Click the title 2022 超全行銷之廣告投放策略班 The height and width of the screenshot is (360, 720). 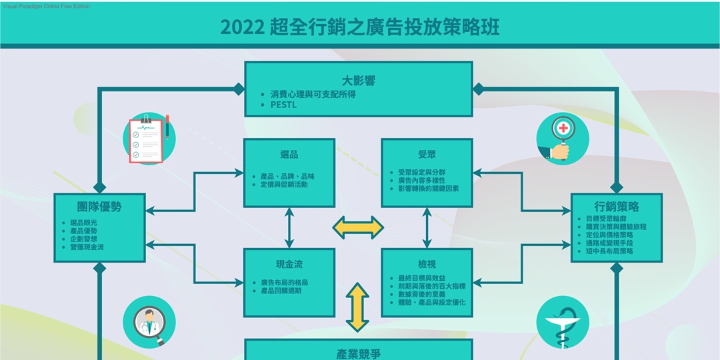(359, 27)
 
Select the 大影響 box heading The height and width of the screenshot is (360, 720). (359, 81)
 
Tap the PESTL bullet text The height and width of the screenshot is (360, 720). (283, 105)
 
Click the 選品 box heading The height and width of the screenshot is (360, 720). (289, 154)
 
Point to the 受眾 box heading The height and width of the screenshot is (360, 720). (427, 154)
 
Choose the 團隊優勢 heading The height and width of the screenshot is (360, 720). (99, 207)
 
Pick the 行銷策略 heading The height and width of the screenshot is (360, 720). (616, 207)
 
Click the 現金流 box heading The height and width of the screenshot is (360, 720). (289, 265)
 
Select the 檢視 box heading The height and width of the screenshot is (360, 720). (427, 265)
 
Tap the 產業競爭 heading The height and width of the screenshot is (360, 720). (359, 354)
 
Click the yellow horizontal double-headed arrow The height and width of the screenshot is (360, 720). (358, 227)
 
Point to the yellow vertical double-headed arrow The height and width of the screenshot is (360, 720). (358, 307)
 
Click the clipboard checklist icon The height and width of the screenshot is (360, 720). (149, 139)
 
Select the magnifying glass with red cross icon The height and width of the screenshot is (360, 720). (563, 139)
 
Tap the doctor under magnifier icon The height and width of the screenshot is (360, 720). (149, 322)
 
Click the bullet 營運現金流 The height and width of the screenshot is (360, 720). (87, 247)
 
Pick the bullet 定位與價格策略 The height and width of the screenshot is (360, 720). (609, 235)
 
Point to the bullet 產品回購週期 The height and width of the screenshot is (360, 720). (281, 291)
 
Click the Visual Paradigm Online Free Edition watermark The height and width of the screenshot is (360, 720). (47, 7)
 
